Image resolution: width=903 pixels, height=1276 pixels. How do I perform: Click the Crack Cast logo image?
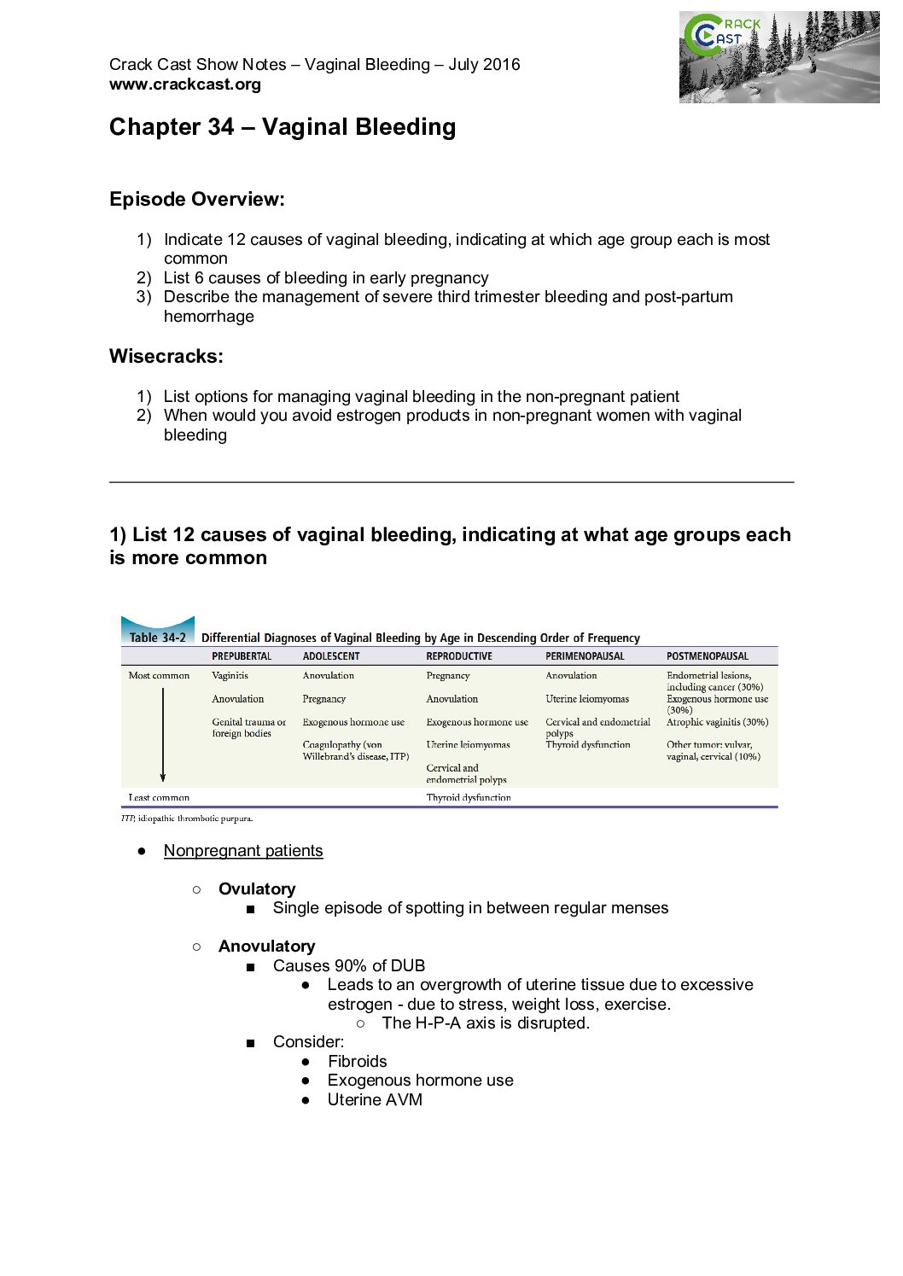pyautogui.click(x=778, y=57)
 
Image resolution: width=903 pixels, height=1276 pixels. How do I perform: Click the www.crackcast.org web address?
pyautogui.click(x=185, y=84)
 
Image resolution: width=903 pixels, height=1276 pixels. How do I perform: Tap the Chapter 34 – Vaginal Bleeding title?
pyautogui.click(x=283, y=127)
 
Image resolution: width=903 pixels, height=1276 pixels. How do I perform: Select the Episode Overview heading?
pyautogui.click(x=197, y=199)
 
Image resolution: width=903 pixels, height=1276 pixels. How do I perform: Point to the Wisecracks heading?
pyautogui.click(x=166, y=356)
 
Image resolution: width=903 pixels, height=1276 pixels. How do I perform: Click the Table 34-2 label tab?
pyautogui.click(x=158, y=637)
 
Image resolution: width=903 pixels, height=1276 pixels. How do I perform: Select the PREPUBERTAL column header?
pyautogui.click(x=242, y=656)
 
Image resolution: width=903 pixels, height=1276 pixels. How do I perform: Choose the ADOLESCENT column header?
pyautogui.click(x=331, y=656)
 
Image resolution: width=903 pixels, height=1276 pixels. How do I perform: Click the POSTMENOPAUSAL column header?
pyautogui.click(x=707, y=656)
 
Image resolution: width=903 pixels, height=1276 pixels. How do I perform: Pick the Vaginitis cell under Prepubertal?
pyautogui.click(x=230, y=675)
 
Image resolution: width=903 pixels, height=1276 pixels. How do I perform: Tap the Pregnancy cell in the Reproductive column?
pyautogui.click(x=448, y=675)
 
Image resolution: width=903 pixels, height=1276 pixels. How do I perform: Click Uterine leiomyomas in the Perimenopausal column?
pyautogui.click(x=587, y=698)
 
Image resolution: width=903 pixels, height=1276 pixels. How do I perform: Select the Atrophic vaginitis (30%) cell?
pyautogui.click(x=717, y=722)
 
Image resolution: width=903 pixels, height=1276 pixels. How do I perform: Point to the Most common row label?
pyautogui.click(x=159, y=675)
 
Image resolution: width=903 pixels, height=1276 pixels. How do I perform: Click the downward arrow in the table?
pyautogui.click(x=162, y=735)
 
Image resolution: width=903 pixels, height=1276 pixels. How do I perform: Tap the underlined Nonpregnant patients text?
pyautogui.click(x=243, y=850)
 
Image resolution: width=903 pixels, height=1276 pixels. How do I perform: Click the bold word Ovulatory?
pyautogui.click(x=257, y=889)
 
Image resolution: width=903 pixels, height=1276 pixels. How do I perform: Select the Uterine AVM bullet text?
pyautogui.click(x=375, y=1099)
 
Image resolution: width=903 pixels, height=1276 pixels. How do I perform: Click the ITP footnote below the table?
pyautogui.click(x=187, y=819)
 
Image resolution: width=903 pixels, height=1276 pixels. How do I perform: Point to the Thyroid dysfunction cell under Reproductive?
pyautogui.click(x=469, y=797)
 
